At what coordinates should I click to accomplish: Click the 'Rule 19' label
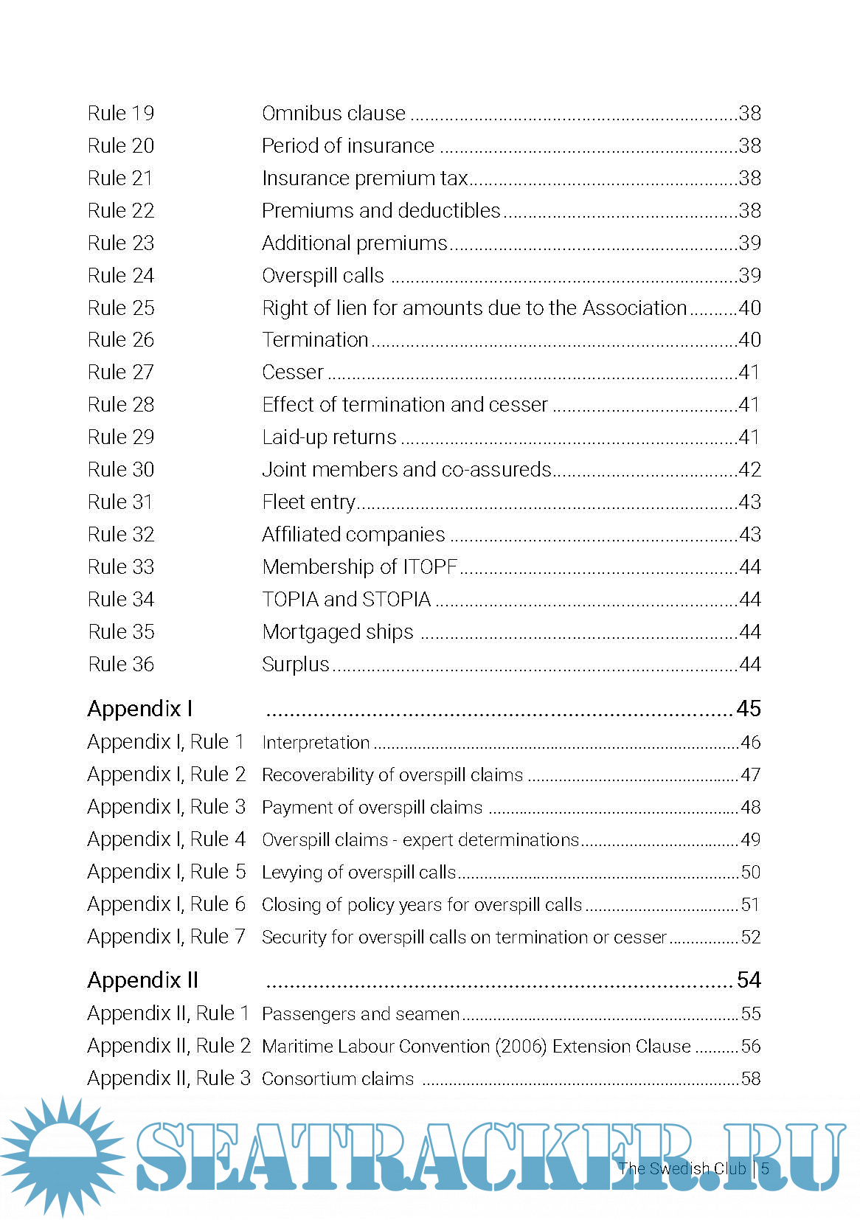pos(121,114)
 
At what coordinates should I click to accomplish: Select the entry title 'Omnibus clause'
pos(333,114)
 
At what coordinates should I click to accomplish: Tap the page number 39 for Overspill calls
pos(749,276)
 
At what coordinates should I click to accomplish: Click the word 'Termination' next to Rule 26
pos(315,340)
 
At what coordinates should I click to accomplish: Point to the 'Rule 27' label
pos(121,372)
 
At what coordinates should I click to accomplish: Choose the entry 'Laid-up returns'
pos(329,437)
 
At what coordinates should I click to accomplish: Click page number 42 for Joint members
pos(749,470)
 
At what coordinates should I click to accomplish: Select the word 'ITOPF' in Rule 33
pos(430,567)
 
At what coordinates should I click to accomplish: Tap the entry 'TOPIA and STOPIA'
pos(346,600)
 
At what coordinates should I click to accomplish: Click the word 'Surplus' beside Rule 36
pos(295,665)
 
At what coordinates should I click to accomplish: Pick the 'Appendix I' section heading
pos(140,709)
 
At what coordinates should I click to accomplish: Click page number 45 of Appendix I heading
pos(749,709)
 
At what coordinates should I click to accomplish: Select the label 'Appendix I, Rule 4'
pos(166,839)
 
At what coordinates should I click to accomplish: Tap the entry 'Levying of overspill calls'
pos(358,872)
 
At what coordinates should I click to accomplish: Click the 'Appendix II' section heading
pos(143,980)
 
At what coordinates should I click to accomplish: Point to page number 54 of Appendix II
pos(749,980)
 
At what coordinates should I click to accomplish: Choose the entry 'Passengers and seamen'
pos(361,1014)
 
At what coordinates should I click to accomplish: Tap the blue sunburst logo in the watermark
pos(63,1156)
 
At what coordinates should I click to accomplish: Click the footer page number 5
pos(766,1168)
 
